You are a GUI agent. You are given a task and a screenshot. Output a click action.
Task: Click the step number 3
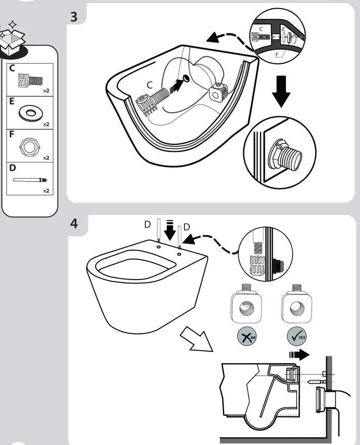[74, 18]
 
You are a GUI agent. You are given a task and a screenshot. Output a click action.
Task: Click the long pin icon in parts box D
[30, 179]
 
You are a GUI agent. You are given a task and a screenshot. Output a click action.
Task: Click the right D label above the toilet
[187, 226]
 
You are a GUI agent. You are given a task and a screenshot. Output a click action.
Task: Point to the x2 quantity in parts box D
[46, 191]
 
